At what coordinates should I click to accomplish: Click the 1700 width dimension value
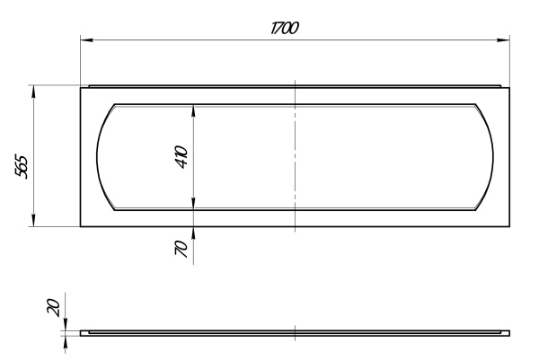click(285, 28)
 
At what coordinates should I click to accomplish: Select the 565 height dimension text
click(22, 167)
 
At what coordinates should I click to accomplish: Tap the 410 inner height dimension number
click(181, 157)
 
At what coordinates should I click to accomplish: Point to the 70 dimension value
click(181, 249)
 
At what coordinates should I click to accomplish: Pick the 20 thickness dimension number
click(54, 307)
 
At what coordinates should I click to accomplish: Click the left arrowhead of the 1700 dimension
click(86, 40)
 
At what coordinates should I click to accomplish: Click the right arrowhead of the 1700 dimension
click(504, 40)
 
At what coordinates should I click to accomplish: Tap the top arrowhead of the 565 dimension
click(33, 92)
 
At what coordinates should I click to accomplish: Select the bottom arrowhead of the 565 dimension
click(33, 220)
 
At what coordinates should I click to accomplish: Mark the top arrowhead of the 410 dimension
click(193, 110)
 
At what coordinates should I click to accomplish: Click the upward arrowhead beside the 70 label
click(193, 233)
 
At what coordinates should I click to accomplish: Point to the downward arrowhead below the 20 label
click(66, 324)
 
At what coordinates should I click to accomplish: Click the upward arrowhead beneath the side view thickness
click(66, 342)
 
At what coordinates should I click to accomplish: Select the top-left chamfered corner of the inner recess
click(115, 104)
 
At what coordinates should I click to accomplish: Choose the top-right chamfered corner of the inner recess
click(476, 104)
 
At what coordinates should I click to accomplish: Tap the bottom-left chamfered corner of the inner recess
click(115, 210)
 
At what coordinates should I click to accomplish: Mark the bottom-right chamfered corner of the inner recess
click(476, 210)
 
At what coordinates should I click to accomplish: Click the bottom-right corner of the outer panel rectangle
click(509, 226)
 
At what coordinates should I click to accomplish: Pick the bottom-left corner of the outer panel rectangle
click(81, 226)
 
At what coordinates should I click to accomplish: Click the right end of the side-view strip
click(509, 333)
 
